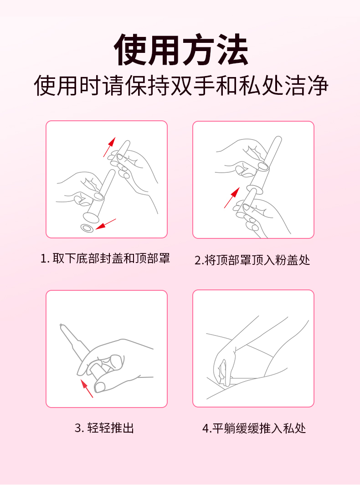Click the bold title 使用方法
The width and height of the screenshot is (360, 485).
pos(181,50)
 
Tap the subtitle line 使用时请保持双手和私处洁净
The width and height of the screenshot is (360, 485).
pos(181,85)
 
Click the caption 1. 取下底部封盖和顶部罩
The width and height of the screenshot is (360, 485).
pos(105,258)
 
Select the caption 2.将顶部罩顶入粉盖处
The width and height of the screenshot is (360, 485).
pos(252,260)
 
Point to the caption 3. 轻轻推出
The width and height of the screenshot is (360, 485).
pos(104,428)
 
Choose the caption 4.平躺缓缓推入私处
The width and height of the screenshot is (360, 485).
pos(254,428)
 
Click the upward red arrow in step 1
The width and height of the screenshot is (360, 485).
pos(109,147)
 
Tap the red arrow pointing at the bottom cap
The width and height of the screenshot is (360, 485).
pos(106,224)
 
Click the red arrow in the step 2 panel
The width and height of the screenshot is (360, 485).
pos(231,198)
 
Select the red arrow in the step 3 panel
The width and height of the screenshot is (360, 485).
pos(87,388)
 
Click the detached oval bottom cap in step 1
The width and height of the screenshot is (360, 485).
pos(87,228)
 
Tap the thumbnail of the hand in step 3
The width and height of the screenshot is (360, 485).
pos(100,387)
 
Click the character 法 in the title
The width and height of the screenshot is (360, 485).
pos(232,50)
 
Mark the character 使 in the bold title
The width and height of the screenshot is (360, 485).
pos(130,50)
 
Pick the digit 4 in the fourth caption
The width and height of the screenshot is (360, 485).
pos(206,428)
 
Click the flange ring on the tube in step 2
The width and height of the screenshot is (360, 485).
pos(255,189)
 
